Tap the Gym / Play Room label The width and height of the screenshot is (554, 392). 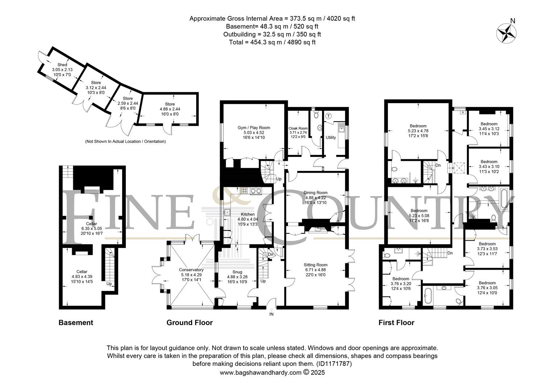point(254,128)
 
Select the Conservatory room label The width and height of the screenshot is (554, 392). point(191,270)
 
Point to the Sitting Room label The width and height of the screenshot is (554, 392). point(315,265)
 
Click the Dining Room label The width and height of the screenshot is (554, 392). point(315,193)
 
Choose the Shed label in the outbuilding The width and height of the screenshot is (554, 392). point(62,65)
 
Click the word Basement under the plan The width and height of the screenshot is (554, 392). point(76,322)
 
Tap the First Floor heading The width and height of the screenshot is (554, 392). point(396,322)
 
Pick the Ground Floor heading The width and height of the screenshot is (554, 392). point(190,322)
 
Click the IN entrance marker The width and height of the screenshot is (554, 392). point(271,314)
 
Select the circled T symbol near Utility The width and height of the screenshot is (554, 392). point(328,116)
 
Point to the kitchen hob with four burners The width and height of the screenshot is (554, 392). point(245,191)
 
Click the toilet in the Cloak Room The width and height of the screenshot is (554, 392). point(316,114)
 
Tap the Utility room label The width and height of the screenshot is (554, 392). point(331,138)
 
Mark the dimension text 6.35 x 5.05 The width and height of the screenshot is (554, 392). point(91,229)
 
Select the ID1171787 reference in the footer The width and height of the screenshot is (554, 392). point(334,364)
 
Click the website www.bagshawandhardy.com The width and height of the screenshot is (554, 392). point(260,372)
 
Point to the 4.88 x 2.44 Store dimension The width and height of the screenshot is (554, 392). point(170,109)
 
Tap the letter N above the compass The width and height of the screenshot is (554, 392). point(513,21)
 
